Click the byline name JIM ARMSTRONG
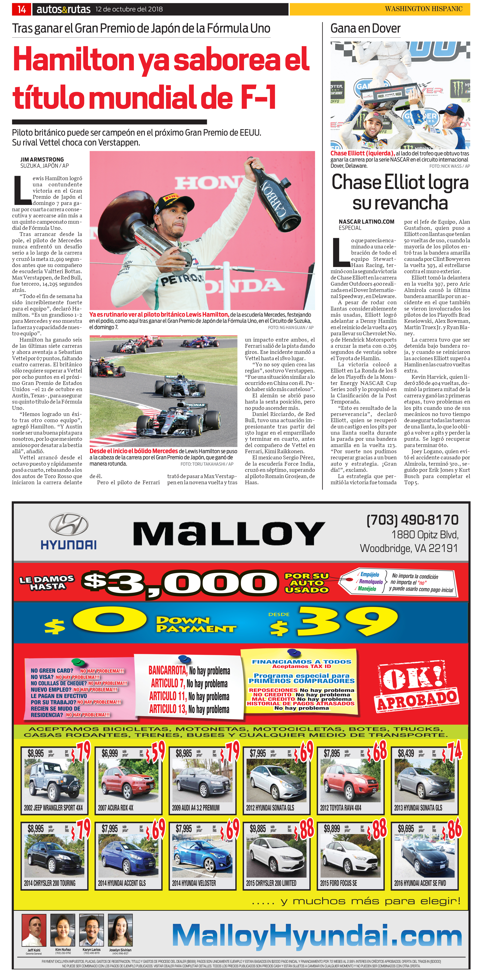click(42, 159)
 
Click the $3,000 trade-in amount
click(179, 583)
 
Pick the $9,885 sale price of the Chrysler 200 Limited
click(258, 829)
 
